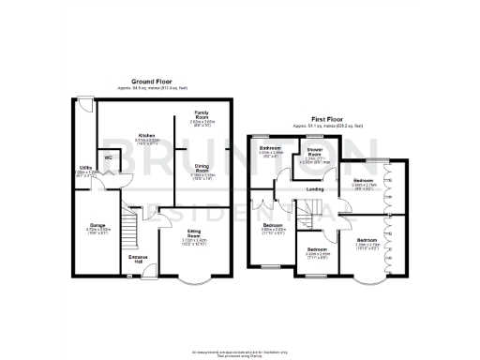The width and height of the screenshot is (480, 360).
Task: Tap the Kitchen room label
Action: click(x=146, y=136)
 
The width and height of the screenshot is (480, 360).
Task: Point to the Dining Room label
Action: click(x=202, y=167)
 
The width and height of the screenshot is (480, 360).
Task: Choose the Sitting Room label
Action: click(x=194, y=232)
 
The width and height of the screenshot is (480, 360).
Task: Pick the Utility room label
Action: click(x=85, y=168)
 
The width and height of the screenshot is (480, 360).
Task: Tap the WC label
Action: click(x=109, y=157)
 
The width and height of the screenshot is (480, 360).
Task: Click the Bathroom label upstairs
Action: click(x=272, y=148)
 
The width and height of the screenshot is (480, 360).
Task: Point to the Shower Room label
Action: click(x=315, y=153)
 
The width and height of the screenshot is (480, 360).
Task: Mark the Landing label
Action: click(x=316, y=189)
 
